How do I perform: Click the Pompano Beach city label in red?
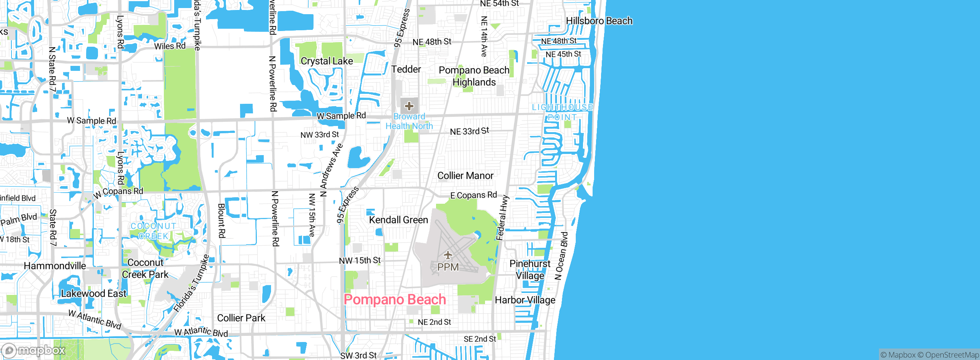395,299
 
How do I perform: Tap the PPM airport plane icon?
448,255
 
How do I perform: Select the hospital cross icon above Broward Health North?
409,106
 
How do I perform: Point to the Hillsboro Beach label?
599,21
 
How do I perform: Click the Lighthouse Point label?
562,112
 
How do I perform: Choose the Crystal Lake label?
327,61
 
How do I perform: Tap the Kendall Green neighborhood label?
399,220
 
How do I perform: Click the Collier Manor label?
465,176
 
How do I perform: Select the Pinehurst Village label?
530,270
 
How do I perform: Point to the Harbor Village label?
525,300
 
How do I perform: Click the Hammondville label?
55,266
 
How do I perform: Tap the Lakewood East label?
93,294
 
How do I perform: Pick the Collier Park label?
241,318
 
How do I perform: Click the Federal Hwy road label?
502,218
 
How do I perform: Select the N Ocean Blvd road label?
561,256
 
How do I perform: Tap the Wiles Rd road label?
170,46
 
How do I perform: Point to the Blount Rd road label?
222,221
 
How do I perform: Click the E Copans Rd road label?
473,195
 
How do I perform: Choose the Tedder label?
406,69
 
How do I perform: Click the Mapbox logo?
33,350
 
